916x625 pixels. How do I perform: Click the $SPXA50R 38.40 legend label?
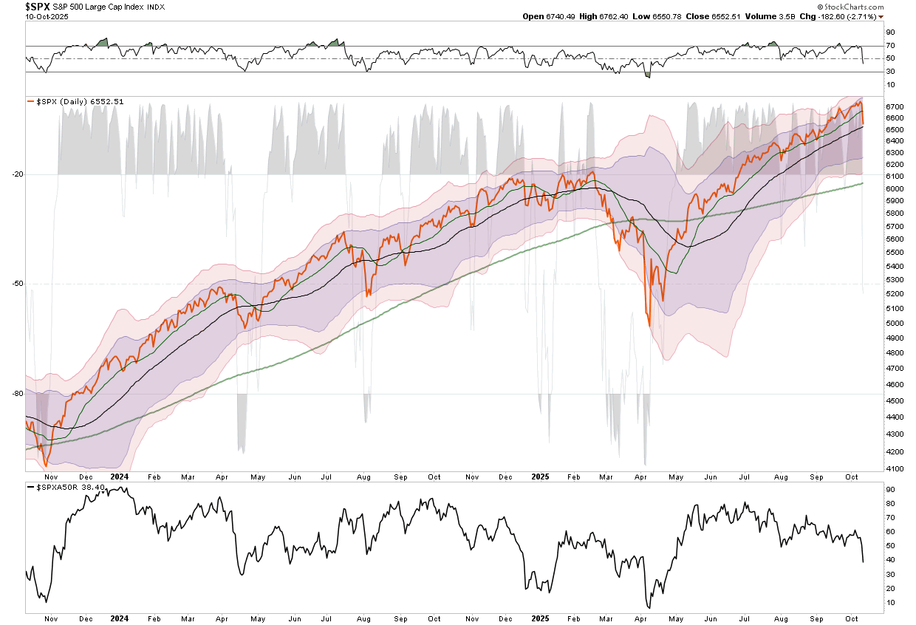pos(67,488)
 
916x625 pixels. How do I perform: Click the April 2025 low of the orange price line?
pos(649,325)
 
